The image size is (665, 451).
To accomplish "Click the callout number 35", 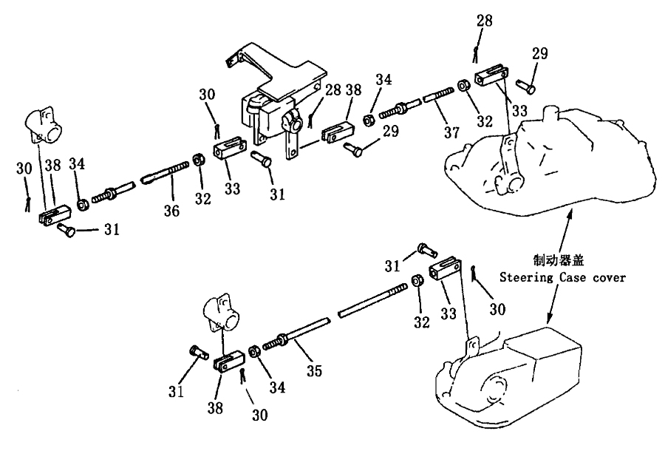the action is click(x=314, y=370).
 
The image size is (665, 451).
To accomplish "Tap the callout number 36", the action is click(x=171, y=211).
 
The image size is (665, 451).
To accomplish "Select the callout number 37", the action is click(x=451, y=132).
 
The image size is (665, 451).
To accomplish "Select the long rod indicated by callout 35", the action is click(x=335, y=314).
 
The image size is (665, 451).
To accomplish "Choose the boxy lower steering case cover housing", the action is click(x=509, y=378).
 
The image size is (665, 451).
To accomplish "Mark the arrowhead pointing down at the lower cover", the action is click(x=550, y=319).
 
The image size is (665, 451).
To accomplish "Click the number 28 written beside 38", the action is click(x=333, y=89).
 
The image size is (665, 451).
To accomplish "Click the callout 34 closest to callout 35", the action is click(x=277, y=387).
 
